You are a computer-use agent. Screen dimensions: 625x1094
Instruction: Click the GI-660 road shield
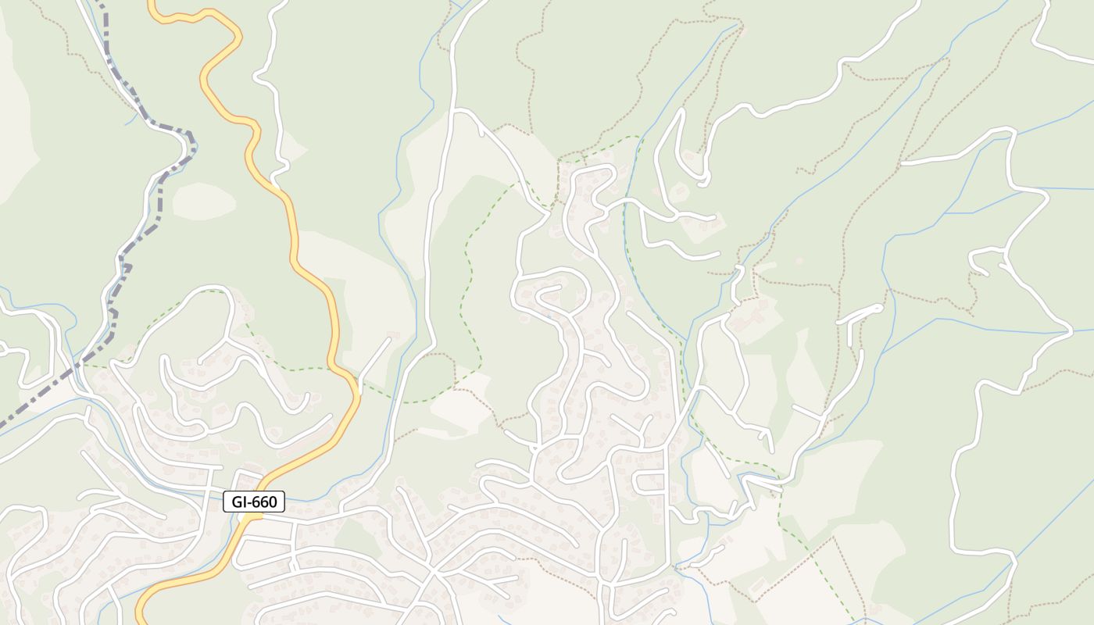click(x=254, y=502)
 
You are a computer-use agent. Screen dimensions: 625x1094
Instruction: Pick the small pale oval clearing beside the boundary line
click(x=203, y=202)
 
